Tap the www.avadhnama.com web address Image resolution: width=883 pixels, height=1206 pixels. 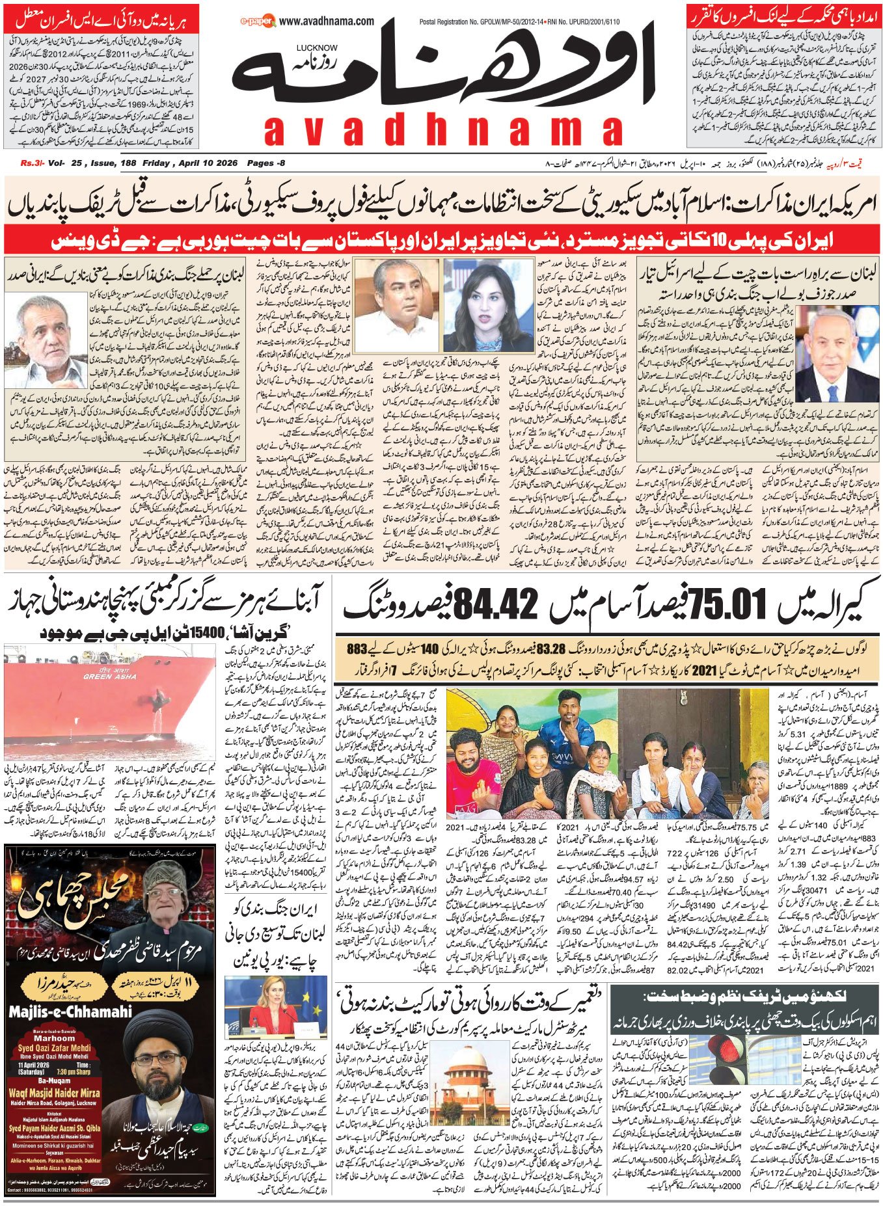(x=329, y=21)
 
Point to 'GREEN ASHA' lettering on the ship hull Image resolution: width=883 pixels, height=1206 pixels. (x=109, y=677)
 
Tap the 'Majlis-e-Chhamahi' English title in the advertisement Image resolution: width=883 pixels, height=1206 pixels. (x=70, y=1012)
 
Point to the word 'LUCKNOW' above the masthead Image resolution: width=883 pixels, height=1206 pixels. (x=316, y=47)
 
